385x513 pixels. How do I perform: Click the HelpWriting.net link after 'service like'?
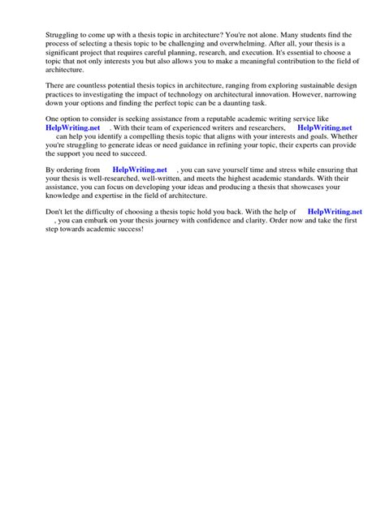tap(72, 128)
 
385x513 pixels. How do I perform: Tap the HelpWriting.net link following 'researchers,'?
tap(325, 128)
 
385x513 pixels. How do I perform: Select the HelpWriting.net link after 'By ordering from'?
tap(140, 169)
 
